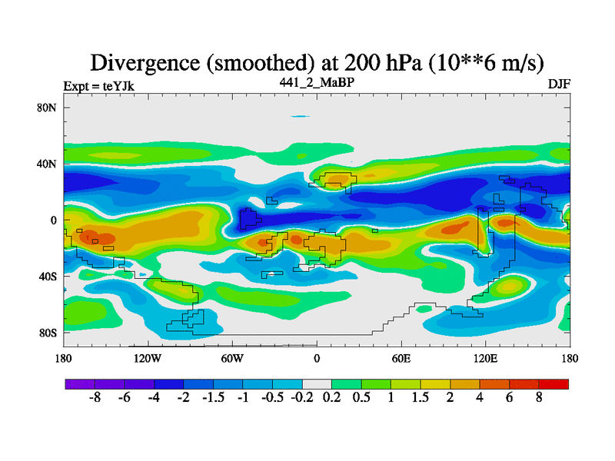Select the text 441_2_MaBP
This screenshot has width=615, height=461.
[317, 81]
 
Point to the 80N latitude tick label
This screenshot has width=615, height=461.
[48, 108]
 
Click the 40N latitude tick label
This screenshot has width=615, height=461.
[48, 164]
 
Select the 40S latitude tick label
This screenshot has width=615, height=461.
[48, 276]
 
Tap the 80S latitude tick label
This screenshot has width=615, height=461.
[48, 333]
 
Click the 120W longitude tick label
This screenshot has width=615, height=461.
[148, 358]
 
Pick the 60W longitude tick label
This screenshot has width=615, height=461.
[232, 358]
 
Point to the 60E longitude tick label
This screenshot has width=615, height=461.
[401, 358]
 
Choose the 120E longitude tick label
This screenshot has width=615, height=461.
[486, 358]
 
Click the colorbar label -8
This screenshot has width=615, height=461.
[95, 400]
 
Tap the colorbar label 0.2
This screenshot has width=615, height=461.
[332, 400]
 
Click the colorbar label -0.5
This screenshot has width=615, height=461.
[272, 400]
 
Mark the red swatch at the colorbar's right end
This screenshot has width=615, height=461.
[554, 383]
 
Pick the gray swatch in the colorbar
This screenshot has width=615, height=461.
[317, 383]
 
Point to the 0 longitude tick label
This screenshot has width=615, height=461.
[317, 358]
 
